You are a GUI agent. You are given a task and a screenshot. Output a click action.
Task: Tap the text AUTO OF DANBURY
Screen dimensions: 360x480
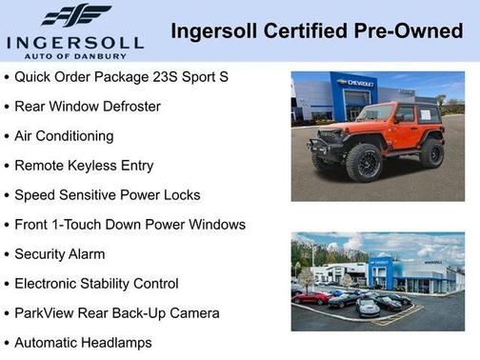[x=74, y=57]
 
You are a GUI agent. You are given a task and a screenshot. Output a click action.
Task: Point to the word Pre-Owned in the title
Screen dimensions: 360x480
[x=414, y=31]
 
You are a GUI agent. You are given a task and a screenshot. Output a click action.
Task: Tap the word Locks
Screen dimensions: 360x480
[x=181, y=194]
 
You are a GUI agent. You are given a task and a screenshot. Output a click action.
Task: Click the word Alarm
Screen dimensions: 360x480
[x=86, y=254]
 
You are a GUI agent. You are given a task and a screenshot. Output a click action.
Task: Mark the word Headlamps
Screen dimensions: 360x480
[x=115, y=342]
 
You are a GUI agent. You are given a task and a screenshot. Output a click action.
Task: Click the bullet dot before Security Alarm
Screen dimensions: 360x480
[x=8, y=254]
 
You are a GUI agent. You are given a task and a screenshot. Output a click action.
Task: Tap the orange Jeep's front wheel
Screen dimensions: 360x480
[x=364, y=162]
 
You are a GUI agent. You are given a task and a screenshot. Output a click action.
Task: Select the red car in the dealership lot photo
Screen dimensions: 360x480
[x=310, y=297]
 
